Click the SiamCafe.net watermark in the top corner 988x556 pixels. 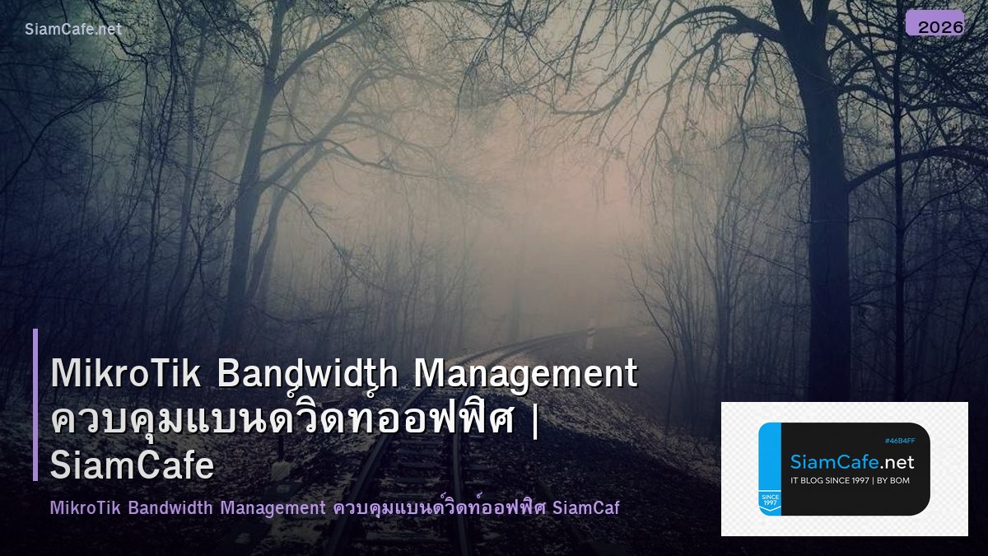coord(73,29)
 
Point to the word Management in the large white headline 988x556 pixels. coord(525,374)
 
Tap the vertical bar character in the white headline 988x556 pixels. coord(536,420)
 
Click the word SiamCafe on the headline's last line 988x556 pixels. coord(132,465)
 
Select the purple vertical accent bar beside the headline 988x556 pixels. coord(35,404)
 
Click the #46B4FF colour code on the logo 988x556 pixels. coord(900,441)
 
